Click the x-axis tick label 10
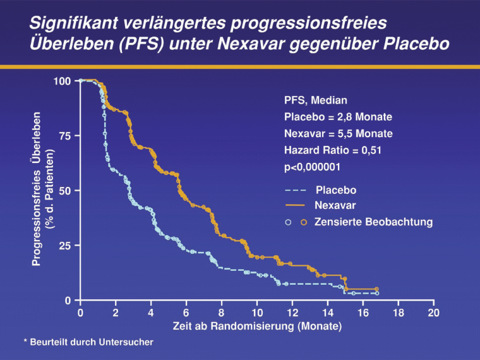[x=256, y=313]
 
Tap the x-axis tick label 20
[x=433, y=313]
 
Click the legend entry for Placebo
[x=335, y=190]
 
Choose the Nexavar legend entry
[x=335, y=206]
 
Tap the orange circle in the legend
[x=303, y=222]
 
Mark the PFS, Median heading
[x=316, y=100]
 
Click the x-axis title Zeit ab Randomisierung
[x=257, y=327]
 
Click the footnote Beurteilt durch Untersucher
[x=88, y=342]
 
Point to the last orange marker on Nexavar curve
[x=377, y=289]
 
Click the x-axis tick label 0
[x=80, y=313]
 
